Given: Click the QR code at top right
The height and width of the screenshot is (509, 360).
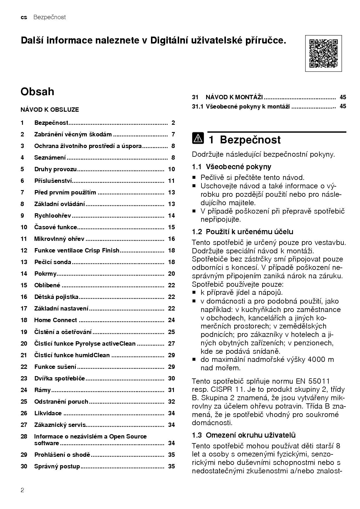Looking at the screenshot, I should [323, 53].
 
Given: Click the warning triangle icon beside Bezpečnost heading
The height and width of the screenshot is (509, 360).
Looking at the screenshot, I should [198, 138].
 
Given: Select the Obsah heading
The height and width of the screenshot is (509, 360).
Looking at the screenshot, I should [37, 92].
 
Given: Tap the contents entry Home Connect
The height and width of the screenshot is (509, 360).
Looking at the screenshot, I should [55, 320].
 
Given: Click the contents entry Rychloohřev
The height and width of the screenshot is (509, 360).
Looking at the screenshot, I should [53, 216].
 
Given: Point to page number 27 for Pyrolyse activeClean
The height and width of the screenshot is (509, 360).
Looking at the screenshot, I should [171, 344].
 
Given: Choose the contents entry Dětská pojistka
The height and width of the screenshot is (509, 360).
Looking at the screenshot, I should [56, 297].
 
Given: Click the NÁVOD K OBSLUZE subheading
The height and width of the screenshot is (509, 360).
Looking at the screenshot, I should [50, 110].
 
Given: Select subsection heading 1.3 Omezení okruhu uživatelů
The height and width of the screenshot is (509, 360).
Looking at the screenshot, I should [244, 435].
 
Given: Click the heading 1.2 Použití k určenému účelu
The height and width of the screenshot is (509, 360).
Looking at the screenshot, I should [242, 232].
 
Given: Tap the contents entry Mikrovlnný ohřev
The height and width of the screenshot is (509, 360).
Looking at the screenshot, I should [59, 239].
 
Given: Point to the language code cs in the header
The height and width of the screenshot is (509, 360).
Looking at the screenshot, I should [24, 17].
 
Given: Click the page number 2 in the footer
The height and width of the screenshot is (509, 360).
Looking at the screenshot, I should [22, 490].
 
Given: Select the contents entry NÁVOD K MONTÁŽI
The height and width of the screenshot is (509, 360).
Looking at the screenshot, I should [234, 97].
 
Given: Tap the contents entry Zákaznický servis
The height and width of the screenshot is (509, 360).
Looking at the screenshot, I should [60, 425].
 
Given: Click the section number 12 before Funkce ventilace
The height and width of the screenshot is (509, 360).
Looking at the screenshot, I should [24, 250].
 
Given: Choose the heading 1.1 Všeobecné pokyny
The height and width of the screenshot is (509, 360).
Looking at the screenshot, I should [231, 167].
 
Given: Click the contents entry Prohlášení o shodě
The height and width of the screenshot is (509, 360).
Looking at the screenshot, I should [62, 455].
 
